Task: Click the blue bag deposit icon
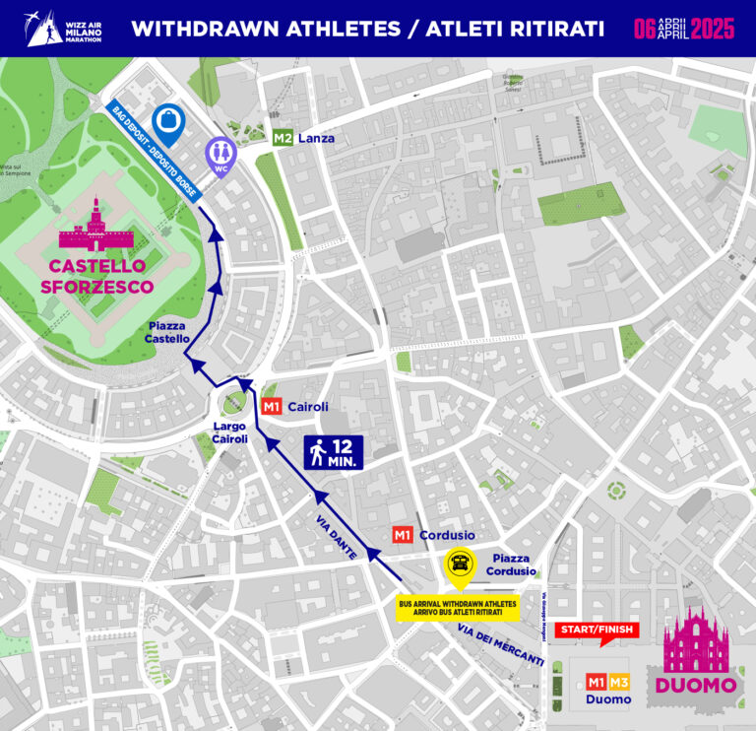pos(169,121)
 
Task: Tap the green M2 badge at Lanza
pos(283,138)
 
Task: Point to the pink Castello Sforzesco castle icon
pos(95,225)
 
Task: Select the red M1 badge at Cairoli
pos(272,406)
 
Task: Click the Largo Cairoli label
pos(229,432)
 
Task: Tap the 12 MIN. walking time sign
pos(335,451)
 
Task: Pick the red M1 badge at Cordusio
pos(403,535)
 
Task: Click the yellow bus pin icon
pos(459,565)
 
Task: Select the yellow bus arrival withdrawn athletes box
pos(458,608)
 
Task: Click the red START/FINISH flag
pos(598,631)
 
